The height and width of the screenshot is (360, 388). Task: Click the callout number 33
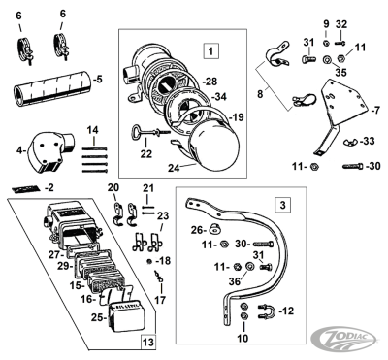pyautogui.click(x=367, y=142)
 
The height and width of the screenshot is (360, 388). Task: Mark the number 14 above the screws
pyautogui.click(x=92, y=128)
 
